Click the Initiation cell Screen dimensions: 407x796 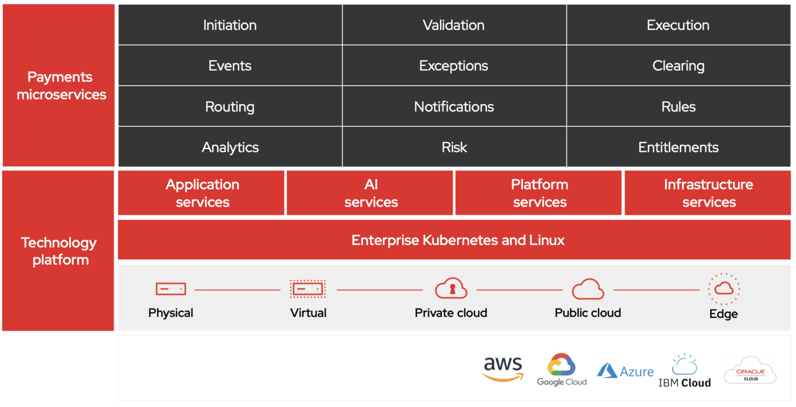(230, 25)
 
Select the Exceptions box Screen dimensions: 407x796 (454, 66)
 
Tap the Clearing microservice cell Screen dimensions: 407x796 (678, 66)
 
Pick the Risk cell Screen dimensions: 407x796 (454, 147)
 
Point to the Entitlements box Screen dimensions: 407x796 (678, 147)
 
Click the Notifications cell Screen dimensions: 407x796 (454, 107)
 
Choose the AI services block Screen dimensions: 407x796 (371, 193)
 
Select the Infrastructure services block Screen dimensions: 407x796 (708, 193)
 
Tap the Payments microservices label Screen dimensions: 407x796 (61, 85)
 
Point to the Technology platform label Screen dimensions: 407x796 (59, 251)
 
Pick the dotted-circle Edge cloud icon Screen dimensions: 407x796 (724, 289)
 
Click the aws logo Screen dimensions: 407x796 (503, 368)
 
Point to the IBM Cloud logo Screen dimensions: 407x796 (685, 371)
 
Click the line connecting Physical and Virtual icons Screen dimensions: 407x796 (237, 290)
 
